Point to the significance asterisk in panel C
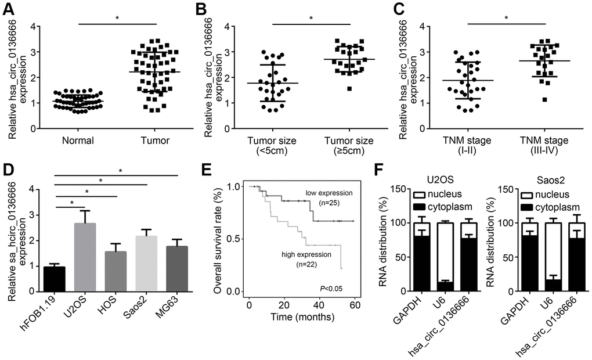[x=506, y=18]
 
